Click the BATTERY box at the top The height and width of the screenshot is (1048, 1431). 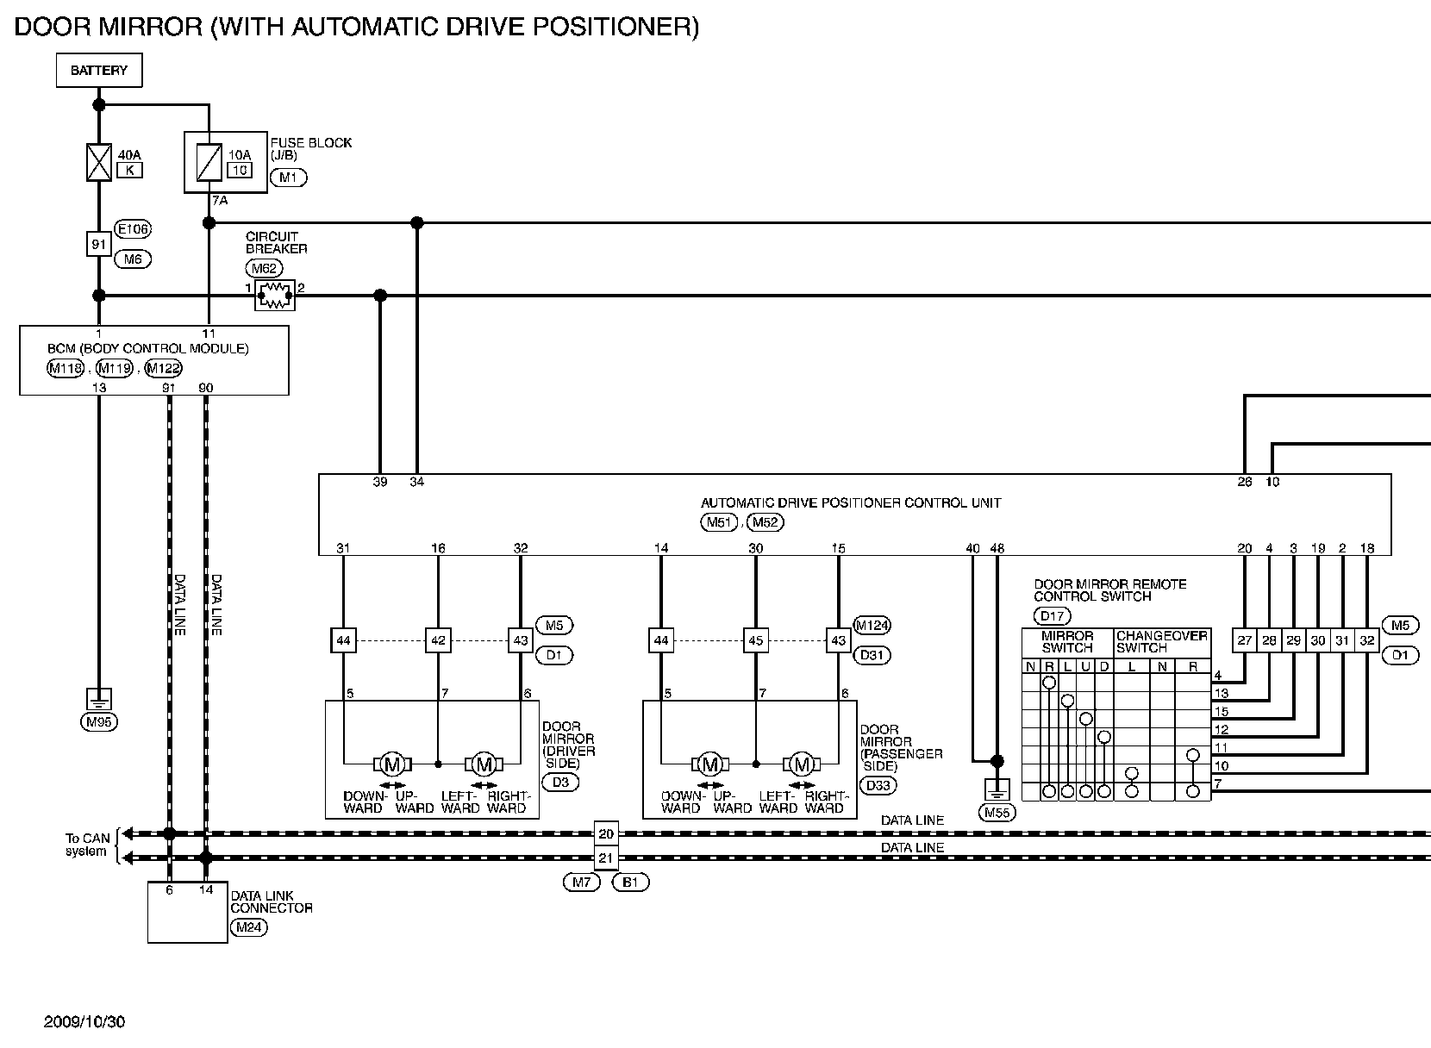click(99, 71)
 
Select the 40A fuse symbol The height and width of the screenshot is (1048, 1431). click(99, 162)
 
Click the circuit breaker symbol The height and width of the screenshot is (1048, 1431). click(275, 296)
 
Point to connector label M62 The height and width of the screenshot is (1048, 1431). click(264, 268)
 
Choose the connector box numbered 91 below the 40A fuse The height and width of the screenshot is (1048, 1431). click(99, 244)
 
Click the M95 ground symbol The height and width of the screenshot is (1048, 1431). click(99, 699)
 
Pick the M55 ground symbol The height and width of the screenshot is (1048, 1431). click(997, 788)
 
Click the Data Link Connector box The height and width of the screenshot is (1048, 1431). click(187, 912)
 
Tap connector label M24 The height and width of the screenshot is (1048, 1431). click(248, 927)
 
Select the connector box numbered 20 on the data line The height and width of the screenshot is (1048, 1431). click(606, 833)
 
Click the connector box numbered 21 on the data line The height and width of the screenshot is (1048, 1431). click(606, 858)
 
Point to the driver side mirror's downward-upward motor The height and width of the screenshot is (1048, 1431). click(392, 764)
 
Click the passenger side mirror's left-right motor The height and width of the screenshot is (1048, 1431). click(802, 764)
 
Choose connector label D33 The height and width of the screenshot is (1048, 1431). click(878, 785)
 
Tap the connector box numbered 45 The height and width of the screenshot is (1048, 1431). click(756, 640)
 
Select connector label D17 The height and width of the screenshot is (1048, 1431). click(1051, 615)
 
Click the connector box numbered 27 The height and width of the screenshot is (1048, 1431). click(1245, 640)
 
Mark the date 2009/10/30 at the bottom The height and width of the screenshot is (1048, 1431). click(84, 1022)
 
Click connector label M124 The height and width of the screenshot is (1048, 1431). click(872, 626)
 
